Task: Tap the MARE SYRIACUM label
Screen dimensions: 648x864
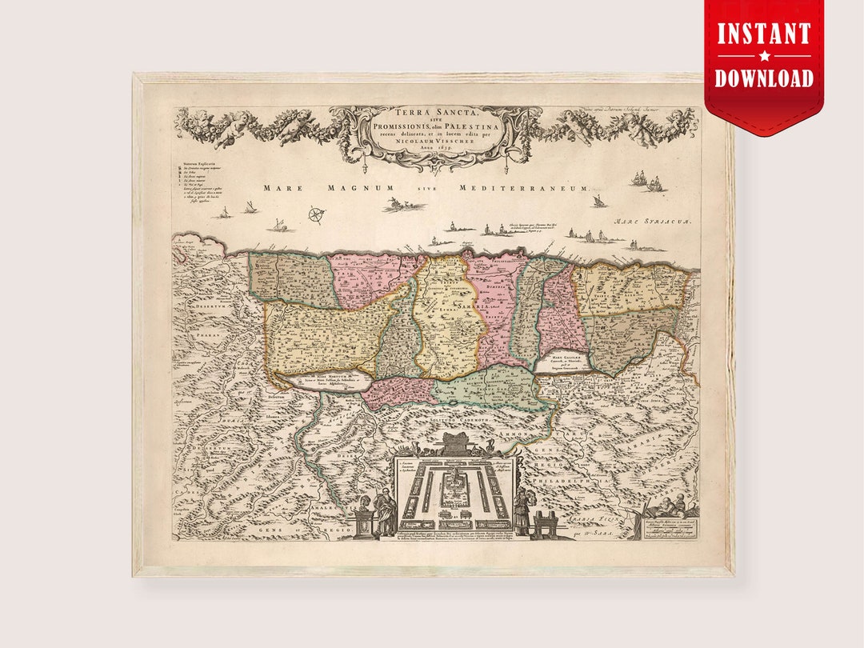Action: [x=652, y=221]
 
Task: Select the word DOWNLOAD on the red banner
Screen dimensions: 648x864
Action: [x=763, y=78]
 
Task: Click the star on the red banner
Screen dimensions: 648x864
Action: [x=764, y=57]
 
